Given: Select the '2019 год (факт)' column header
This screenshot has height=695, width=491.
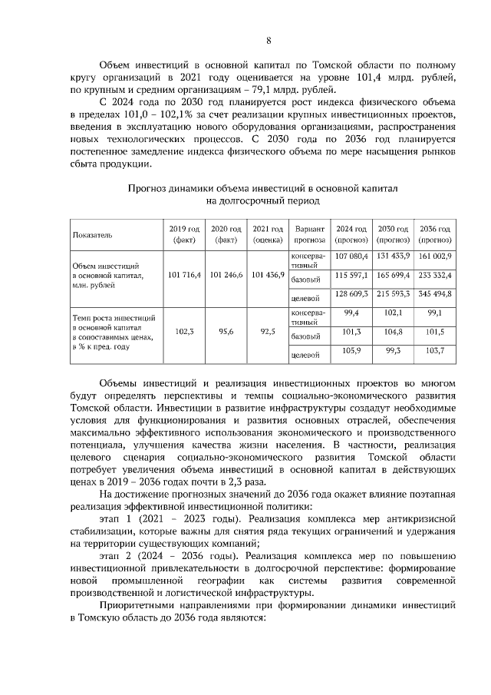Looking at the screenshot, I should pos(184,233).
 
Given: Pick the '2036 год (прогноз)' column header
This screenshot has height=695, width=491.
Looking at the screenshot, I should pos(435,233).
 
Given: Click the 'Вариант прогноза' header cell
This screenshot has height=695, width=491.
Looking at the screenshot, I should pos(311,233).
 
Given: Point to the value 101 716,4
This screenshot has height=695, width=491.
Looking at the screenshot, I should pos(184,274).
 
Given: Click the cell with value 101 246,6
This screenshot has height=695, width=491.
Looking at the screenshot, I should pos(226,274).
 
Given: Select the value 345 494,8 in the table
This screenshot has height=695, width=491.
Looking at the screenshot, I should pos(435,293).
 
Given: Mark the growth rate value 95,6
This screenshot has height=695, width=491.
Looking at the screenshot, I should pos(226,332).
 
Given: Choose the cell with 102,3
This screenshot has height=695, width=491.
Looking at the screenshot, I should pos(184,332).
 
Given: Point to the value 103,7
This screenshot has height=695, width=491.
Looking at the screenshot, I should pos(435,350).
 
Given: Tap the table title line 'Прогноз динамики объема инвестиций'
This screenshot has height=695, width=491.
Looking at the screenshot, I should pos(263,187).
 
